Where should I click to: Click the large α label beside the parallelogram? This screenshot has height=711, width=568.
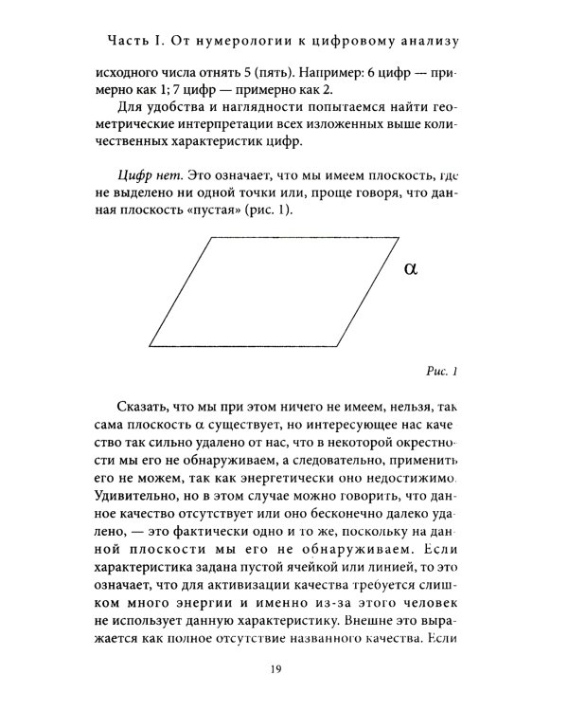[x=410, y=268]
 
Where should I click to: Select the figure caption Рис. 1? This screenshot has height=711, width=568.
[x=440, y=371]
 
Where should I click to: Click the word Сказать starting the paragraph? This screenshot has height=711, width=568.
[x=148, y=407]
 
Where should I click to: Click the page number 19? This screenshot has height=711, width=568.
[x=275, y=671]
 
